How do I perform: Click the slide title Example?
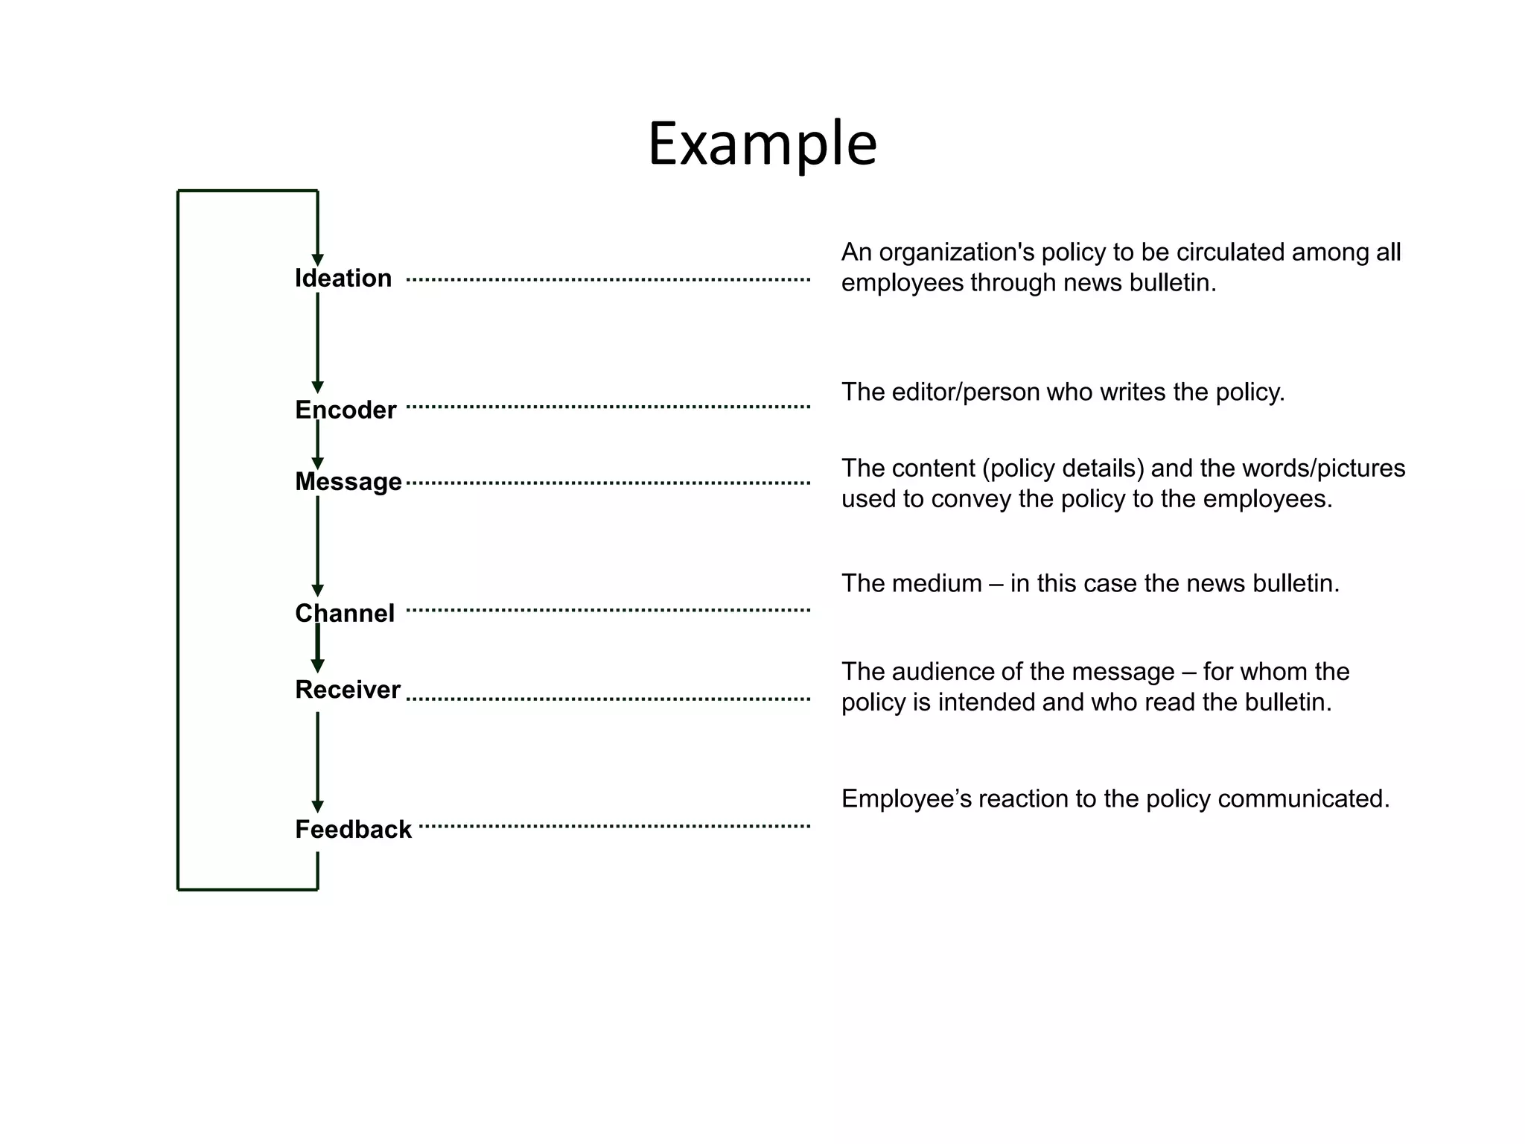762,144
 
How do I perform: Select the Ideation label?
343,279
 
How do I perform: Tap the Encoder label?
346,410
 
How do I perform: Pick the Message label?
348,482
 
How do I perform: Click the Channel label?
345,614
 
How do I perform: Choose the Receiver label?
348,690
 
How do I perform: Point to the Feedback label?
353,830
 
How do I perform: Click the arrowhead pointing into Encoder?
317,387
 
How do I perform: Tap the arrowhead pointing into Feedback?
317,807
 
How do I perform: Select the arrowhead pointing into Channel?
317,591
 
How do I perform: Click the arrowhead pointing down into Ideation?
317,260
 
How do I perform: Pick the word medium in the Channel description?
937,583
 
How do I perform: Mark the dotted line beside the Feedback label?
614,826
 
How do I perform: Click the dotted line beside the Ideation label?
608,280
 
